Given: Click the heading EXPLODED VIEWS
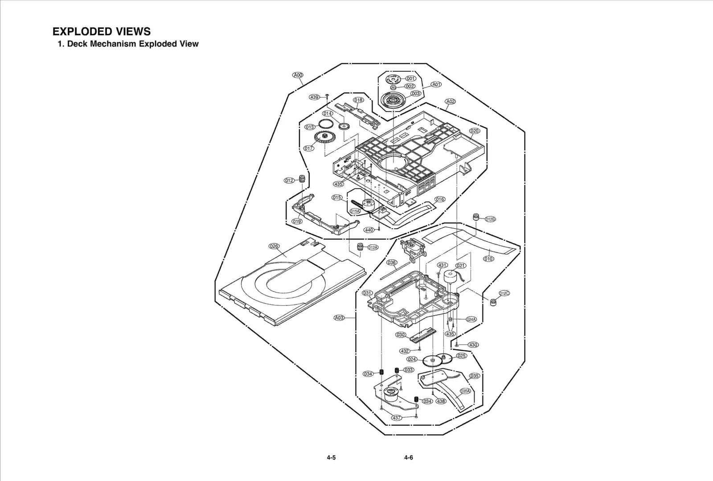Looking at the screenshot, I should (x=101, y=32).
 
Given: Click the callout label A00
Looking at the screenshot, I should (x=298, y=75).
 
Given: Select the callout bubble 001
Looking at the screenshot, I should (x=410, y=78).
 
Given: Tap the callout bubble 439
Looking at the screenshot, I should (x=315, y=97).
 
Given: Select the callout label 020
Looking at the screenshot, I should (x=475, y=131).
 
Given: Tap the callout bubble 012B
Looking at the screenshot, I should (x=490, y=219).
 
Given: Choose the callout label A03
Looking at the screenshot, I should (x=339, y=318).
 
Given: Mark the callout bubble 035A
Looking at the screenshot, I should (x=465, y=391).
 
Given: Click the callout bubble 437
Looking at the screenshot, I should (x=397, y=418).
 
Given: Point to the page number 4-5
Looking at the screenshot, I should (x=331, y=457).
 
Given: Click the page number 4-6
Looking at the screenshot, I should (x=408, y=457).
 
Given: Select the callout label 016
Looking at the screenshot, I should (x=440, y=199).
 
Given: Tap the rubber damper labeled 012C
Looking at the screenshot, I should (x=493, y=302).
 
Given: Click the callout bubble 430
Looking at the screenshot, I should (x=473, y=345).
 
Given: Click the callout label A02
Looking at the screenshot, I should (x=451, y=101).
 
